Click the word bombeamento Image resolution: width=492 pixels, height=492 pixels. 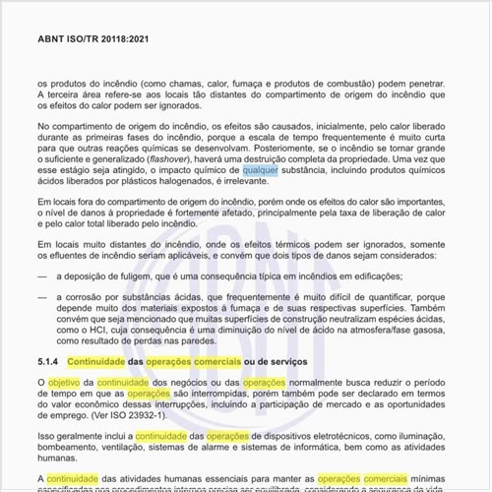(68, 449)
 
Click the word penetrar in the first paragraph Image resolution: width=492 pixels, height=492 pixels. (429, 87)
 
